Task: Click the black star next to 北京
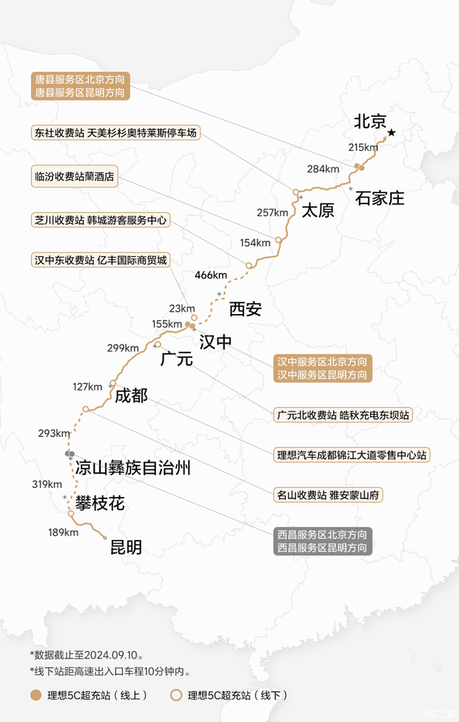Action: pyautogui.click(x=392, y=133)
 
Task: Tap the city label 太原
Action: pyautogui.click(x=317, y=210)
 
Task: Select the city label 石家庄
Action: pyautogui.click(x=380, y=198)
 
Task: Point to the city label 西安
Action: pyautogui.click(x=244, y=308)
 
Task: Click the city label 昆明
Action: pyautogui.click(x=125, y=548)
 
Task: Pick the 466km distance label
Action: pyautogui.click(x=211, y=275)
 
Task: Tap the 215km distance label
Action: pyautogui.click(x=363, y=147)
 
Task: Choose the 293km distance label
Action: pyautogui.click(x=53, y=433)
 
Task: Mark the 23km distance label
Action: pyautogui.click(x=181, y=308)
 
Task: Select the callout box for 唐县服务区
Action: pyautogui.click(x=81, y=85)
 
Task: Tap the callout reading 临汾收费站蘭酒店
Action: pyautogui.click(x=75, y=178)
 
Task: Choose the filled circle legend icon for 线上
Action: pyautogui.click(x=35, y=695)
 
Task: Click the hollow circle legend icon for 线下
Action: pyautogui.click(x=175, y=695)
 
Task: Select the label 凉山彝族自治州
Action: pyautogui.click(x=133, y=468)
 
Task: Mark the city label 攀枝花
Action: pyautogui.click(x=100, y=504)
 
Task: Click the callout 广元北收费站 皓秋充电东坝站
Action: pyautogui.click(x=341, y=415)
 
